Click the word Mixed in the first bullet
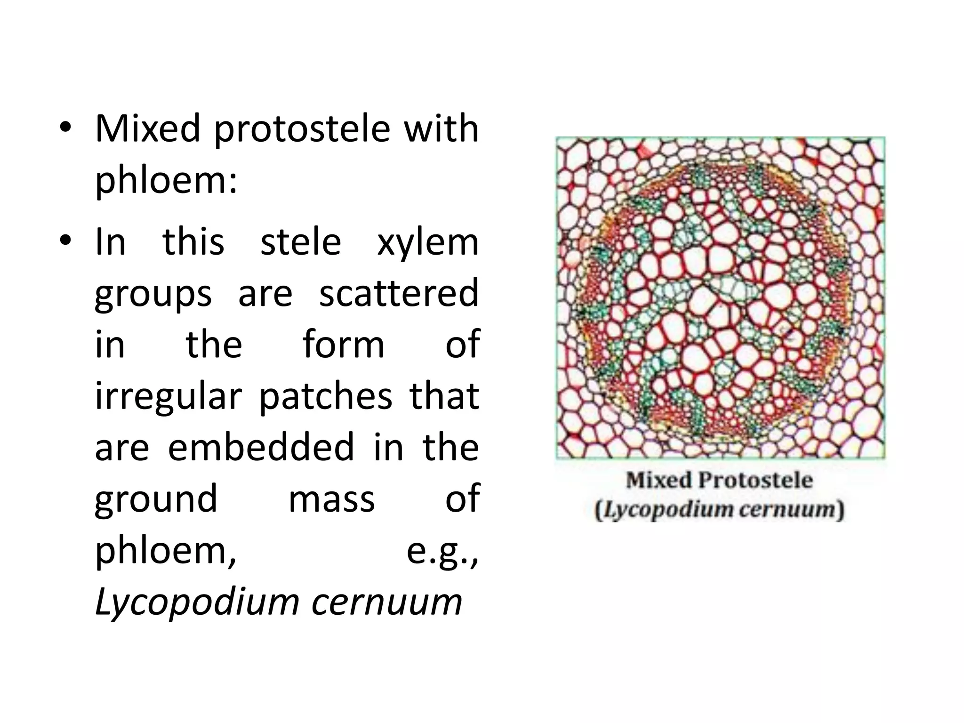[x=148, y=129]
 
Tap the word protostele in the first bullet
[x=302, y=129]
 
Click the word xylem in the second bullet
[x=427, y=242]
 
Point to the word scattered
[x=399, y=293]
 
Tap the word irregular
[x=169, y=396]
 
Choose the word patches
[x=326, y=396]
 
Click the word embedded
[x=261, y=447]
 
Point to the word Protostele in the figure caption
[x=755, y=481]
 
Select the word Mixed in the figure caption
[x=659, y=481]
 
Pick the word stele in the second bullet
[x=300, y=242]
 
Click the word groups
[x=153, y=294]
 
